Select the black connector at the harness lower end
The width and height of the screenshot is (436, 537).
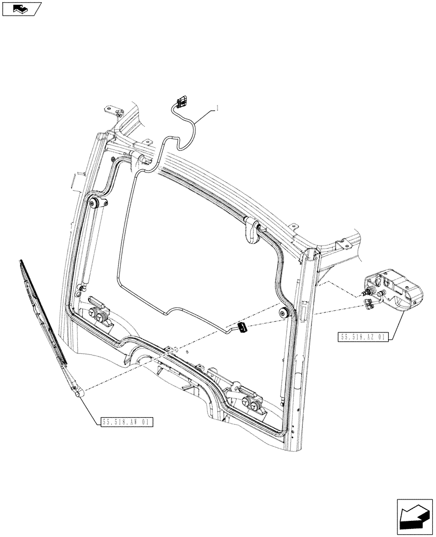tap(242, 328)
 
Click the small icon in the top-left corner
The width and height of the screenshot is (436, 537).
tap(21, 8)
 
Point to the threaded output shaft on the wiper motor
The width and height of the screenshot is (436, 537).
tap(367, 291)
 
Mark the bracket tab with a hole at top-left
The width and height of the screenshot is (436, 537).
tap(112, 111)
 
